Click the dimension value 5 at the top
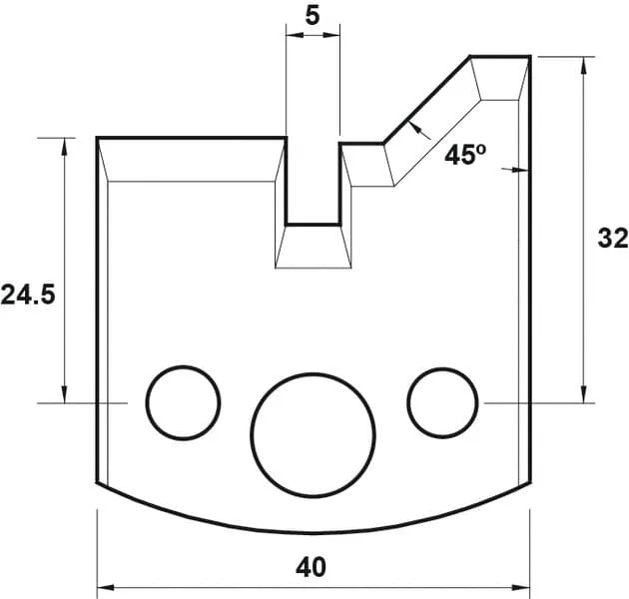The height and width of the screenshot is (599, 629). click(x=312, y=16)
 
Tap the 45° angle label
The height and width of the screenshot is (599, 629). click(x=465, y=156)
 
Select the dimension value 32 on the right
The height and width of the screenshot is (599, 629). click(x=612, y=239)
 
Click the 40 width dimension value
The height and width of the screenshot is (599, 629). click(x=312, y=567)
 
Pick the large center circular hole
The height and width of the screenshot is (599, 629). click(x=313, y=434)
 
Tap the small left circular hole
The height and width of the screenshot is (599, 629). click(x=183, y=402)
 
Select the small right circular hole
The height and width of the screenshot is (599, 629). click(x=442, y=401)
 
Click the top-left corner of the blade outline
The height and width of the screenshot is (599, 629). click(x=98, y=138)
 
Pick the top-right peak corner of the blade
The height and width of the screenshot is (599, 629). click(x=528, y=57)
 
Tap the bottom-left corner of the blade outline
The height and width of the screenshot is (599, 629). click(x=98, y=484)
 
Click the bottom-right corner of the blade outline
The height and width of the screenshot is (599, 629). click(x=528, y=484)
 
